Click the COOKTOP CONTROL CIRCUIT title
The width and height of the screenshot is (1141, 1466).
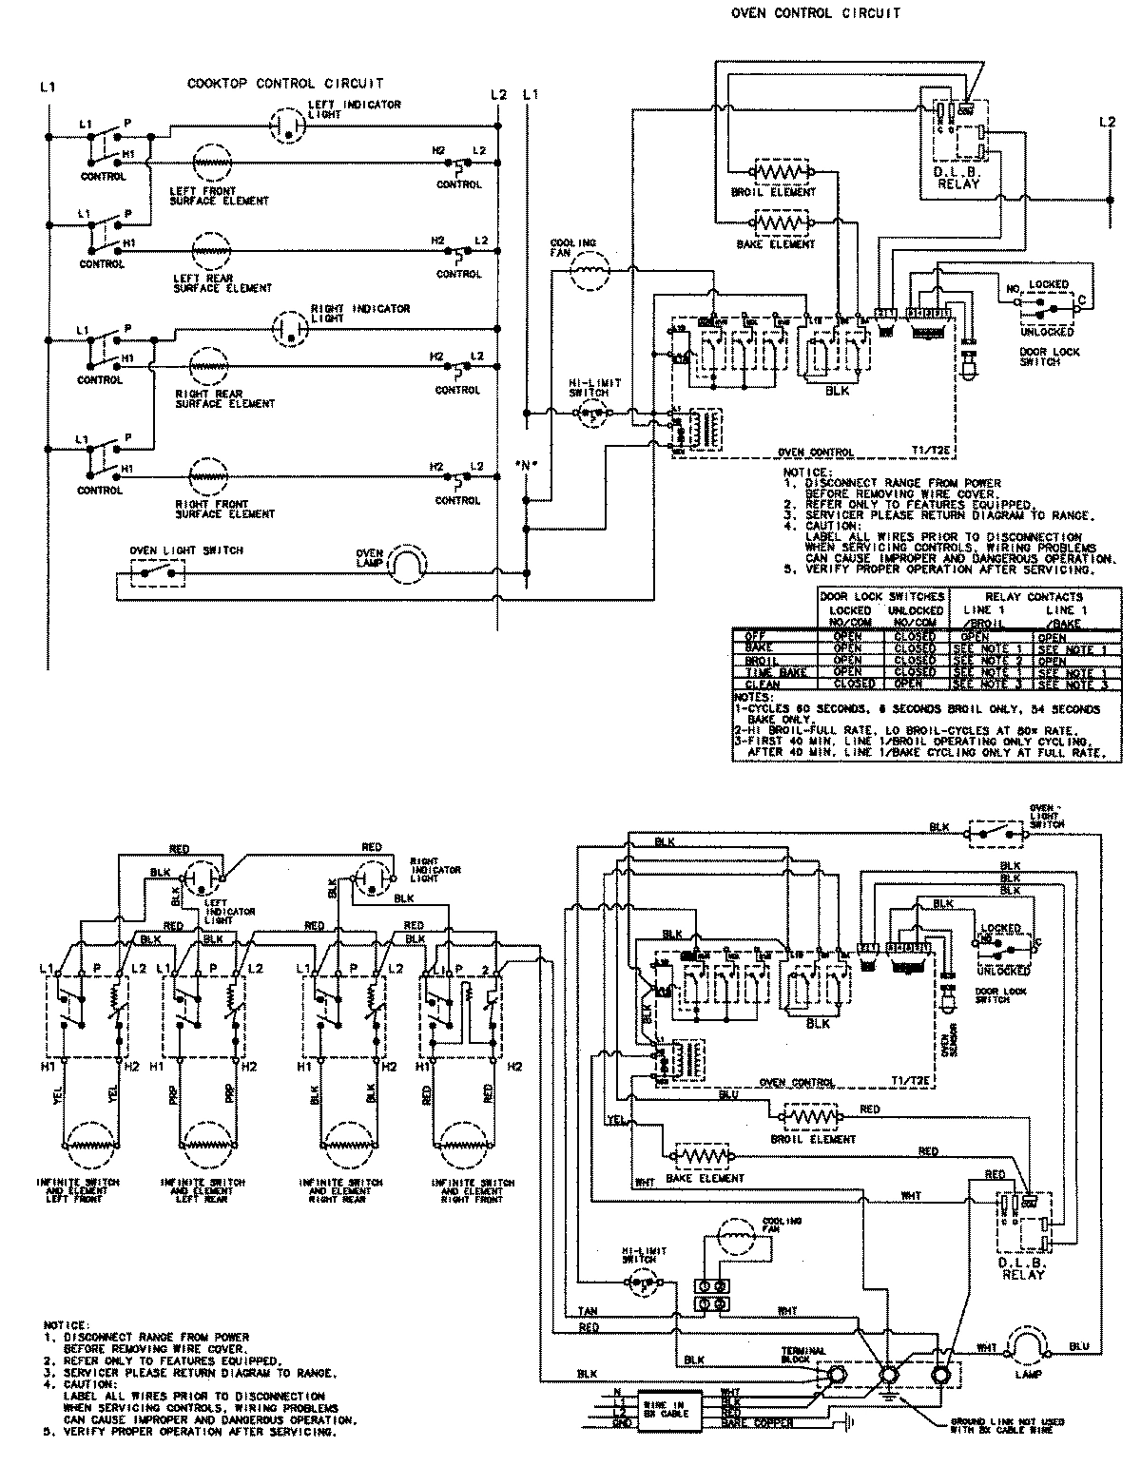(285, 85)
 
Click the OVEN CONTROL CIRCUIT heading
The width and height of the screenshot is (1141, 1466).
(815, 14)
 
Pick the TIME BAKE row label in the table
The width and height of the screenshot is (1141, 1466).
(776, 672)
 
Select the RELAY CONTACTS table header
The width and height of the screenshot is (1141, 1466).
(1030, 596)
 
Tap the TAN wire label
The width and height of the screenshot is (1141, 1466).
(588, 1311)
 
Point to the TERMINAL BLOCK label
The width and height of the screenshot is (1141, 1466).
(803, 1355)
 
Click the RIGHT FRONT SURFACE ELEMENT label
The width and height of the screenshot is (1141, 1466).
(224, 510)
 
